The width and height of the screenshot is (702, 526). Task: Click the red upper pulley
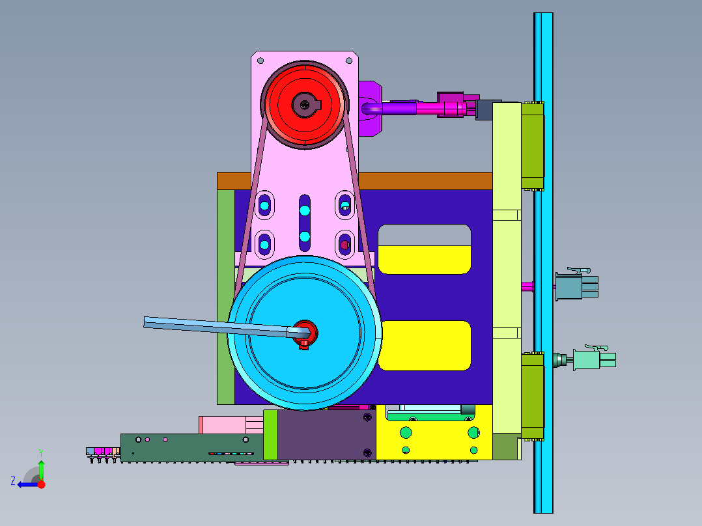tap(305, 105)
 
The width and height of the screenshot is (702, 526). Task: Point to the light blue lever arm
tap(215, 326)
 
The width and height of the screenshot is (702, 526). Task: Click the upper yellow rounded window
tap(425, 260)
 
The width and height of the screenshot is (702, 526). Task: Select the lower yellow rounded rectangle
tap(425, 346)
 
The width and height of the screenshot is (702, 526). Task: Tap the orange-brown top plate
tap(425, 181)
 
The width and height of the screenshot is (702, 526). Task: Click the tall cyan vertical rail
tap(543, 263)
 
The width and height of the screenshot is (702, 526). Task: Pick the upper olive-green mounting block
tap(532, 146)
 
